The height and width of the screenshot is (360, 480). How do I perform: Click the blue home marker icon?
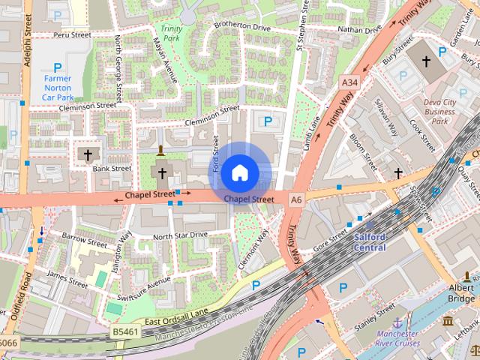[239, 172]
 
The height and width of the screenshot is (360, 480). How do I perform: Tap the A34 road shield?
[349, 81]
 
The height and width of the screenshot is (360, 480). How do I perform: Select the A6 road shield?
[296, 199]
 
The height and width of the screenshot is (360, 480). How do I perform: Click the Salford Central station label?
[369, 242]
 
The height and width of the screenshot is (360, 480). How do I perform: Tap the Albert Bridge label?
[462, 292]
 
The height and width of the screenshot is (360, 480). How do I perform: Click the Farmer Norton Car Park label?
[58, 88]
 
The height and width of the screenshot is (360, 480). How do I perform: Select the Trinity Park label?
[172, 32]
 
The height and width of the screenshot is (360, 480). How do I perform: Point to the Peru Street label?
[72, 34]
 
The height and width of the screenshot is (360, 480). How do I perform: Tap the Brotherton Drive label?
[241, 26]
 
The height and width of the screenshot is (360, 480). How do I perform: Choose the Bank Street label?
[112, 169]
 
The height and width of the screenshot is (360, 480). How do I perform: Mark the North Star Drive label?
[180, 235]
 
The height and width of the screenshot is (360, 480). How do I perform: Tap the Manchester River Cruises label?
[397, 338]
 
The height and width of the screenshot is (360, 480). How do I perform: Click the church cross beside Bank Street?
[87, 155]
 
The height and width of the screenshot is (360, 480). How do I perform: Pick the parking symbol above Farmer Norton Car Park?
[57, 67]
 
